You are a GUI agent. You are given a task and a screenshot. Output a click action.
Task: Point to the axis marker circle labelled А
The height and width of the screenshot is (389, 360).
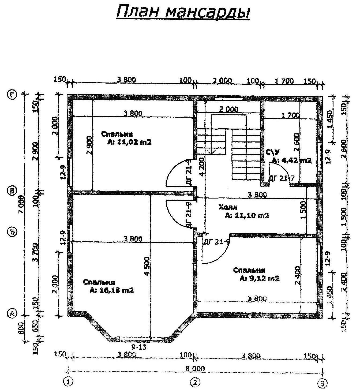point(12,313)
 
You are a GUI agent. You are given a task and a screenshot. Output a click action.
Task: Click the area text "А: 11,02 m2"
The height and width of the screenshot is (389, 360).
point(130,142)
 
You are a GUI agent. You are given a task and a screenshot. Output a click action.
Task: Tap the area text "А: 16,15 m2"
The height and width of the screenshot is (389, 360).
point(112,290)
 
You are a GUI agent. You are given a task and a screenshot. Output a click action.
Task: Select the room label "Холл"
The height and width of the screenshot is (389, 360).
point(228,207)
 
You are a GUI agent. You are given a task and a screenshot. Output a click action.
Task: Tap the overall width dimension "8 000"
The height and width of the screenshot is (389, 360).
point(195,369)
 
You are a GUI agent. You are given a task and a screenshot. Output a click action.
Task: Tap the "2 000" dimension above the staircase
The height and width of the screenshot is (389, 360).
point(228,109)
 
